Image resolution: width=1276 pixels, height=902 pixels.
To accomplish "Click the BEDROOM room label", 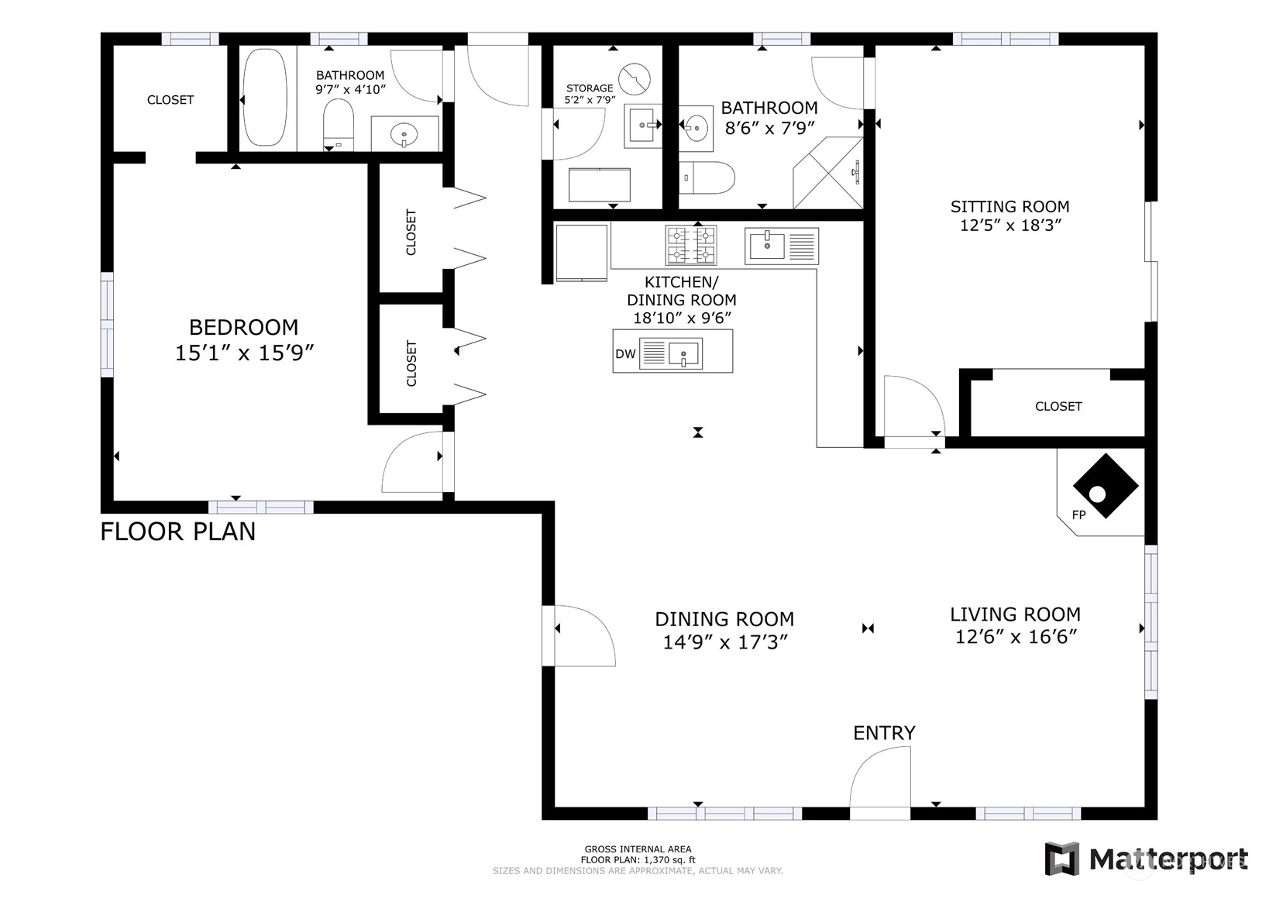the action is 243,328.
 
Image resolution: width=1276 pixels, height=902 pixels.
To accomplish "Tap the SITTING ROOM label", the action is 1009,206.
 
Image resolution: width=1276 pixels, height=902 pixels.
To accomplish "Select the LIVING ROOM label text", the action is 1015,615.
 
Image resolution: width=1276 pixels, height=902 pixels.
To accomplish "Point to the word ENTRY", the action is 884,733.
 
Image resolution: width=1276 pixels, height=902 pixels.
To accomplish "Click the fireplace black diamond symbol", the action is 1106,486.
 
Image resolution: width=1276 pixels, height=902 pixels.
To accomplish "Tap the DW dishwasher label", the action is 625,354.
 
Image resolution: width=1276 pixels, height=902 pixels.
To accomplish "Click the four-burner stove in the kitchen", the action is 691,245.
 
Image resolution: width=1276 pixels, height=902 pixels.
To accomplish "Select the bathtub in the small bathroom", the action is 265,98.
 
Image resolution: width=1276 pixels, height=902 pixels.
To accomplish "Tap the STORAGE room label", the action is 590,88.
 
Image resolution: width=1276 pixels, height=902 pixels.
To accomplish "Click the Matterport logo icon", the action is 1062,858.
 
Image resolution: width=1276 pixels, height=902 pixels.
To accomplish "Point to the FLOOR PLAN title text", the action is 177,532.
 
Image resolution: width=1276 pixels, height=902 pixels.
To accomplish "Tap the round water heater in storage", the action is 635,78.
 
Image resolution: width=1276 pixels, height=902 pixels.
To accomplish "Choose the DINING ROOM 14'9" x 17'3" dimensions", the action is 724,642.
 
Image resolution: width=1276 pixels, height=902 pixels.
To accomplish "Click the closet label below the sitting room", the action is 1058,406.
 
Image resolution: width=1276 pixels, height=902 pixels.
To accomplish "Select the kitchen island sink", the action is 670,353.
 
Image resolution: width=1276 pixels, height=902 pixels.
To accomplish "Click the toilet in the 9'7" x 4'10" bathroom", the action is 339,124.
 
